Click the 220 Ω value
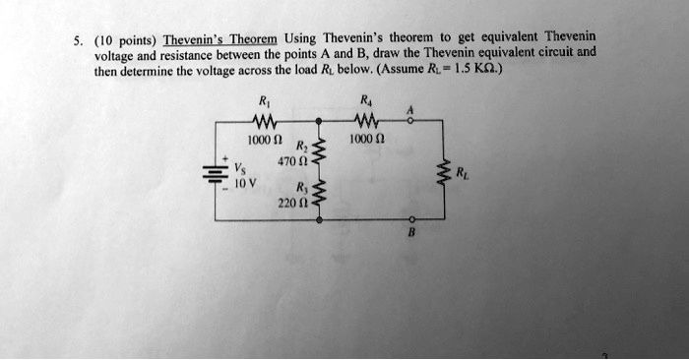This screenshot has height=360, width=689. coord(288,204)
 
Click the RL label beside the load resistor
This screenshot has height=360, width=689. coord(463,174)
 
